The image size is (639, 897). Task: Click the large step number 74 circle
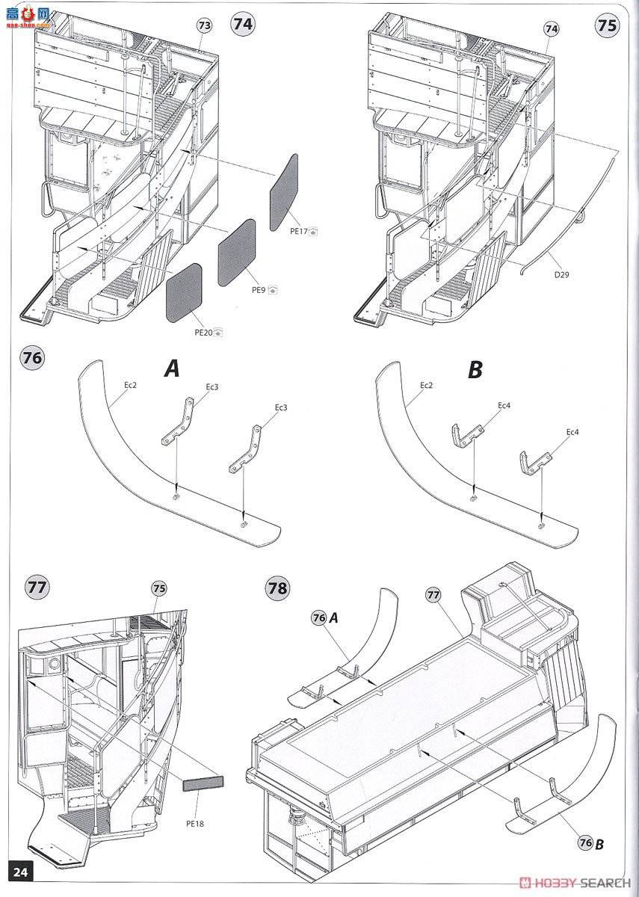point(243,24)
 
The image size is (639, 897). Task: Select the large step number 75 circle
point(607,24)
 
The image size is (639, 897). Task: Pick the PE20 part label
point(203,333)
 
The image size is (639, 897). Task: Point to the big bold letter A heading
point(172,369)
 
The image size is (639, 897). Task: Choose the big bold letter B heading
point(475,369)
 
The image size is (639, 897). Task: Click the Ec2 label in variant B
point(426,385)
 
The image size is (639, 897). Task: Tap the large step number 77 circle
point(36,587)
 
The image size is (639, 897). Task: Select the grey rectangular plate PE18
point(203,783)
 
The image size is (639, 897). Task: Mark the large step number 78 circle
point(277,588)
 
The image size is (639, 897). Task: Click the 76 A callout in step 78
point(326,617)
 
